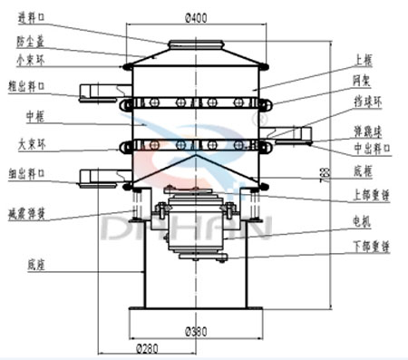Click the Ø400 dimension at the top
[x=199, y=17]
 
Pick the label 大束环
[x=31, y=142]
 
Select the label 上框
[x=363, y=60]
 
